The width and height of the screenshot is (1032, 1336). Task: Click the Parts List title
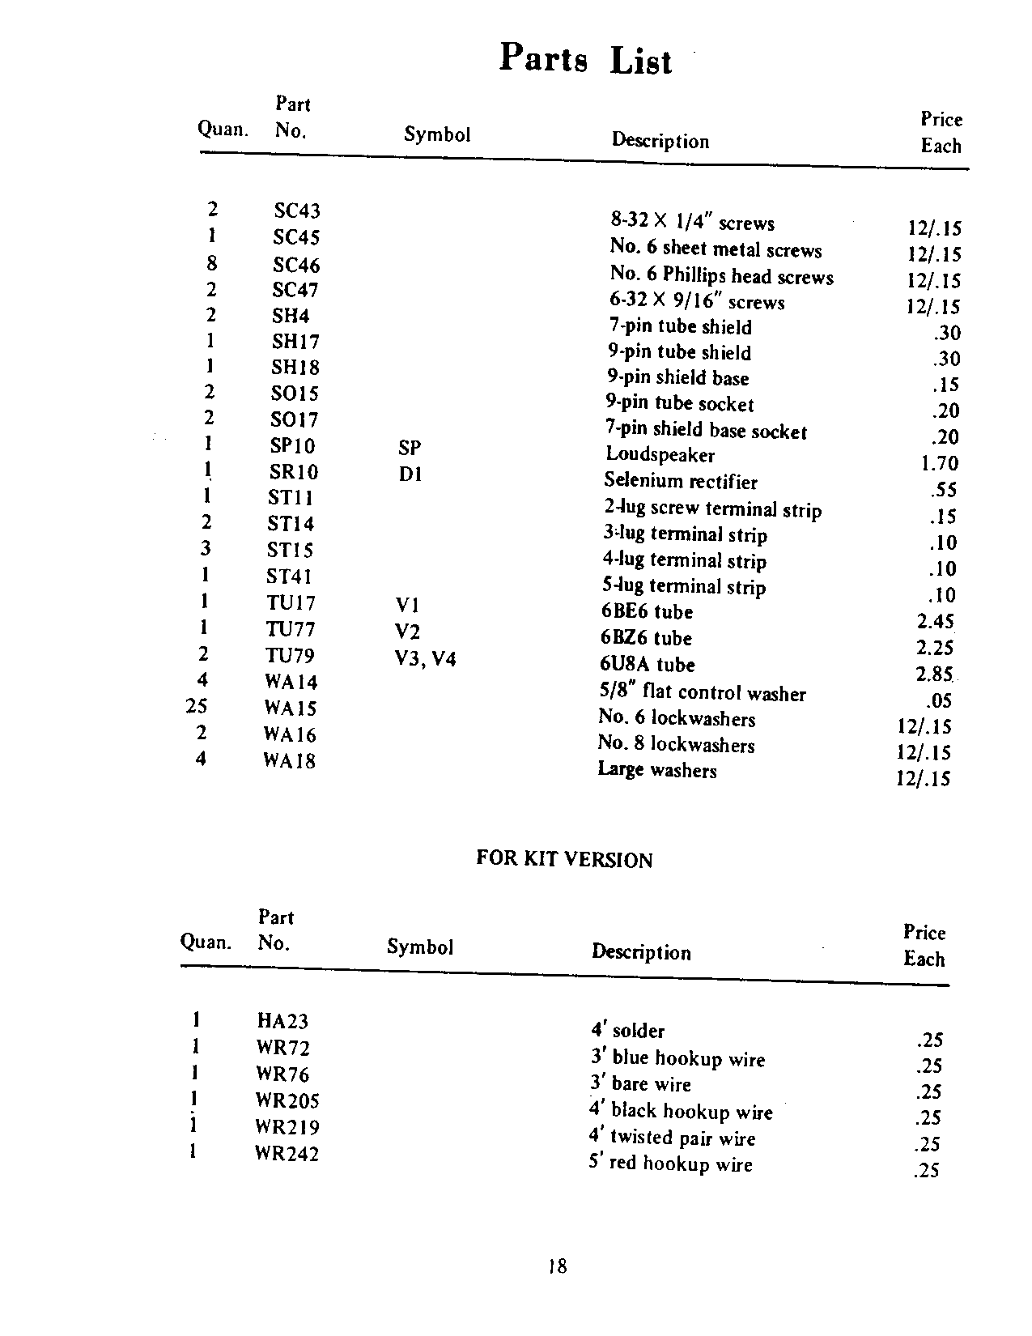pyautogui.click(x=585, y=59)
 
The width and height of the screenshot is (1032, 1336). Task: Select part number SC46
pyautogui.click(x=296, y=265)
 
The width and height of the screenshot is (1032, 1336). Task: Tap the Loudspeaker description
pyautogui.click(x=660, y=455)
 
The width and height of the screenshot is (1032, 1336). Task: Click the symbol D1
pyautogui.click(x=410, y=474)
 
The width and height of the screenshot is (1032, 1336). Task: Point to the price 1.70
pyautogui.click(x=939, y=464)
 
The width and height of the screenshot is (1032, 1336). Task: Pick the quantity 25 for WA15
pyautogui.click(x=197, y=706)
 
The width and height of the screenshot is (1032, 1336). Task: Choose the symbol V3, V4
pyautogui.click(x=425, y=659)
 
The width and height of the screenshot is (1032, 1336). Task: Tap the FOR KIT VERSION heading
pyautogui.click(x=564, y=859)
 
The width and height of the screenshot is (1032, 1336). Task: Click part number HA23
pyautogui.click(x=282, y=1022)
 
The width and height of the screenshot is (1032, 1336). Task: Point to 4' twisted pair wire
pyautogui.click(x=672, y=1138)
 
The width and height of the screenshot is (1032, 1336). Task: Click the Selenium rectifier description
pyautogui.click(x=681, y=482)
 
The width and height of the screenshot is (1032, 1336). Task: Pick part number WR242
pyautogui.click(x=287, y=1154)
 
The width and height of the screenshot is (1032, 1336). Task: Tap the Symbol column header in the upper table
pyautogui.click(x=437, y=134)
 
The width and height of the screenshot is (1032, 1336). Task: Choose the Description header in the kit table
pyautogui.click(x=641, y=952)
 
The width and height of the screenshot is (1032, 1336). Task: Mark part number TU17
pyautogui.click(x=291, y=603)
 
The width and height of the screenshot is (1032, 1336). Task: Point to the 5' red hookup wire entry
pyautogui.click(x=670, y=1164)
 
